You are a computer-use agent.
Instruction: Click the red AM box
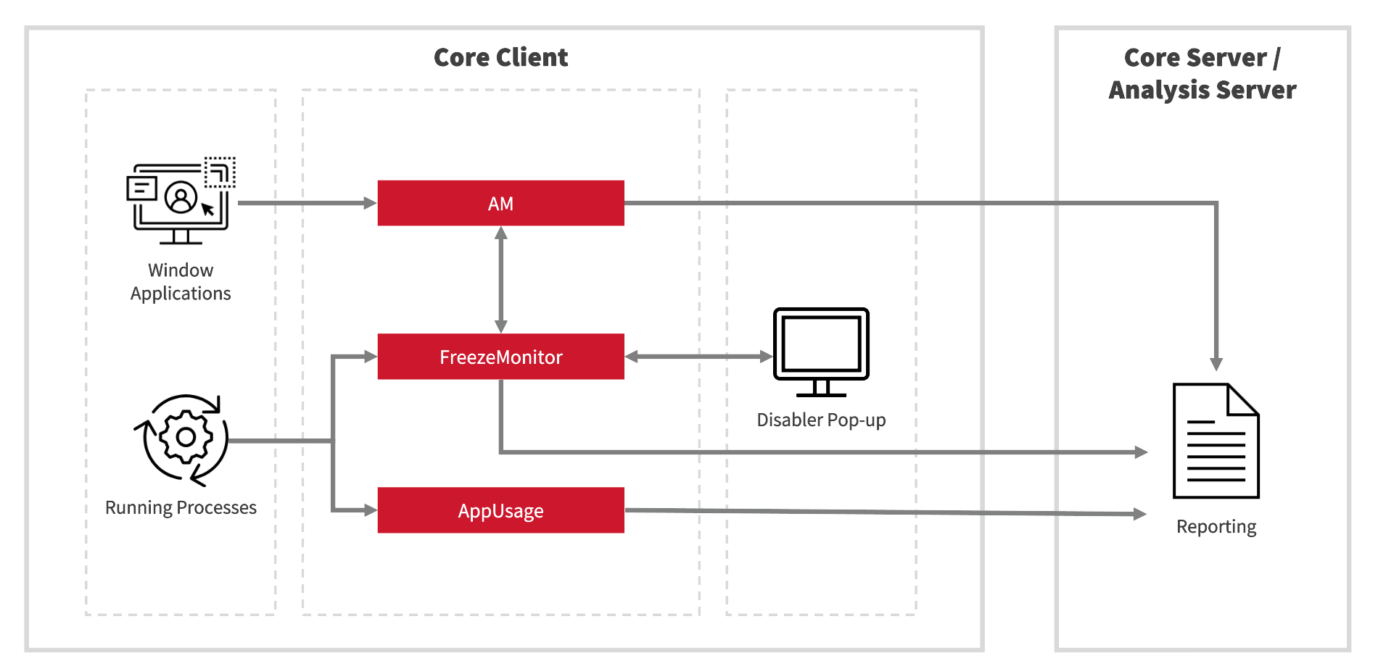click(x=500, y=203)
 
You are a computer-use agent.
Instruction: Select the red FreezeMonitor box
click(x=500, y=357)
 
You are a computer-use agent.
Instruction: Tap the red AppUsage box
click(x=500, y=510)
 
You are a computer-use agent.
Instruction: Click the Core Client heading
click(x=500, y=57)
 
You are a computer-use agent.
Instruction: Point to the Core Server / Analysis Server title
click(x=1202, y=73)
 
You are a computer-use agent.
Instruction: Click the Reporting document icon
click(x=1216, y=442)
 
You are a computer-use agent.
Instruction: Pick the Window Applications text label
click(x=181, y=281)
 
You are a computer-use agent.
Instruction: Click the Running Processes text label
click(x=181, y=507)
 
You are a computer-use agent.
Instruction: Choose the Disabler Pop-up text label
click(x=821, y=420)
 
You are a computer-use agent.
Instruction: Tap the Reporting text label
click(x=1216, y=526)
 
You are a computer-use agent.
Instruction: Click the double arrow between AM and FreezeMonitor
click(x=500, y=280)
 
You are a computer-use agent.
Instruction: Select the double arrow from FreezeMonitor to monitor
click(x=698, y=357)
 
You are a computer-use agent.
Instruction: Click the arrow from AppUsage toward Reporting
click(x=885, y=512)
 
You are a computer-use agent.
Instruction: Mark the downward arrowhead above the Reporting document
click(x=1216, y=364)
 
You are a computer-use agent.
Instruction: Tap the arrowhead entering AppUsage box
click(x=370, y=510)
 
